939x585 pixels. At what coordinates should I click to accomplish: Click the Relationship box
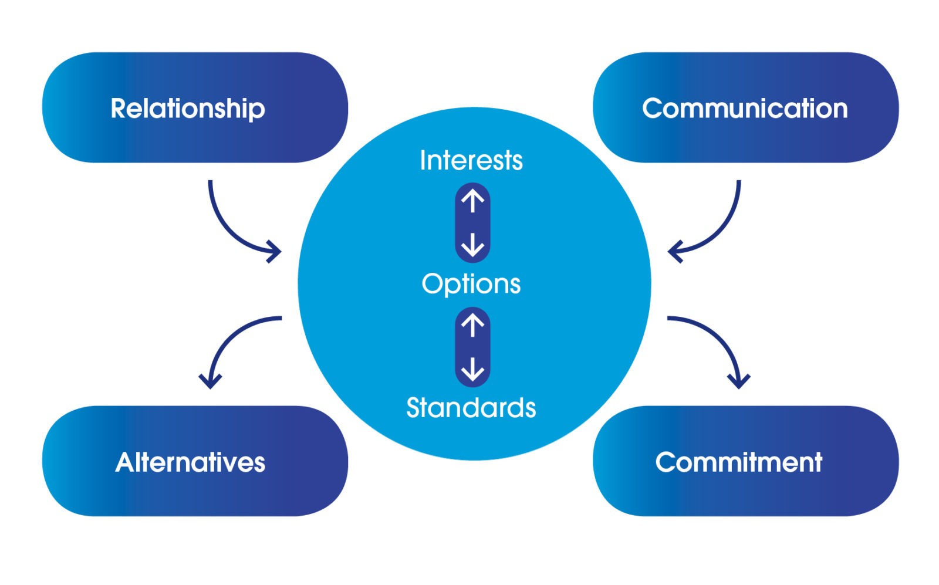click(x=195, y=107)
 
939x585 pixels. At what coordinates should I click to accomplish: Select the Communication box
click(x=746, y=107)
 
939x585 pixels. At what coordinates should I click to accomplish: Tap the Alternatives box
click(x=195, y=461)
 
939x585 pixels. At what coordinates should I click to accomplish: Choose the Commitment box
click(x=746, y=461)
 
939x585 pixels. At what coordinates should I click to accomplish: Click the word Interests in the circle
click(x=472, y=160)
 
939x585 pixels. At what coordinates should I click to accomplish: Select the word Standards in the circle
click(x=471, y=408)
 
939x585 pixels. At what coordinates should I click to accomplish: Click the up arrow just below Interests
click(x=473, y=201)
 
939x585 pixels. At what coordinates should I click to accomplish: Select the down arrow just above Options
click(x=473, y=245)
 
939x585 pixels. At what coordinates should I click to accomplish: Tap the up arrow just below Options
click(x=473, y=326)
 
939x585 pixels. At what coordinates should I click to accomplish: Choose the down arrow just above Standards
click(x=473, y=369)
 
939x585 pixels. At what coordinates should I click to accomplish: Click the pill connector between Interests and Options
click(x=473, y=223)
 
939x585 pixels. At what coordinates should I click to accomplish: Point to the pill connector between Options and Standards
click(x=473, y=347)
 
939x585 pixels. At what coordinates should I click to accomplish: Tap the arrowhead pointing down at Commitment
click(x=739, y=381)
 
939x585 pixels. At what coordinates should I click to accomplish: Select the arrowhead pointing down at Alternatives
click(x=210, y=381)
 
